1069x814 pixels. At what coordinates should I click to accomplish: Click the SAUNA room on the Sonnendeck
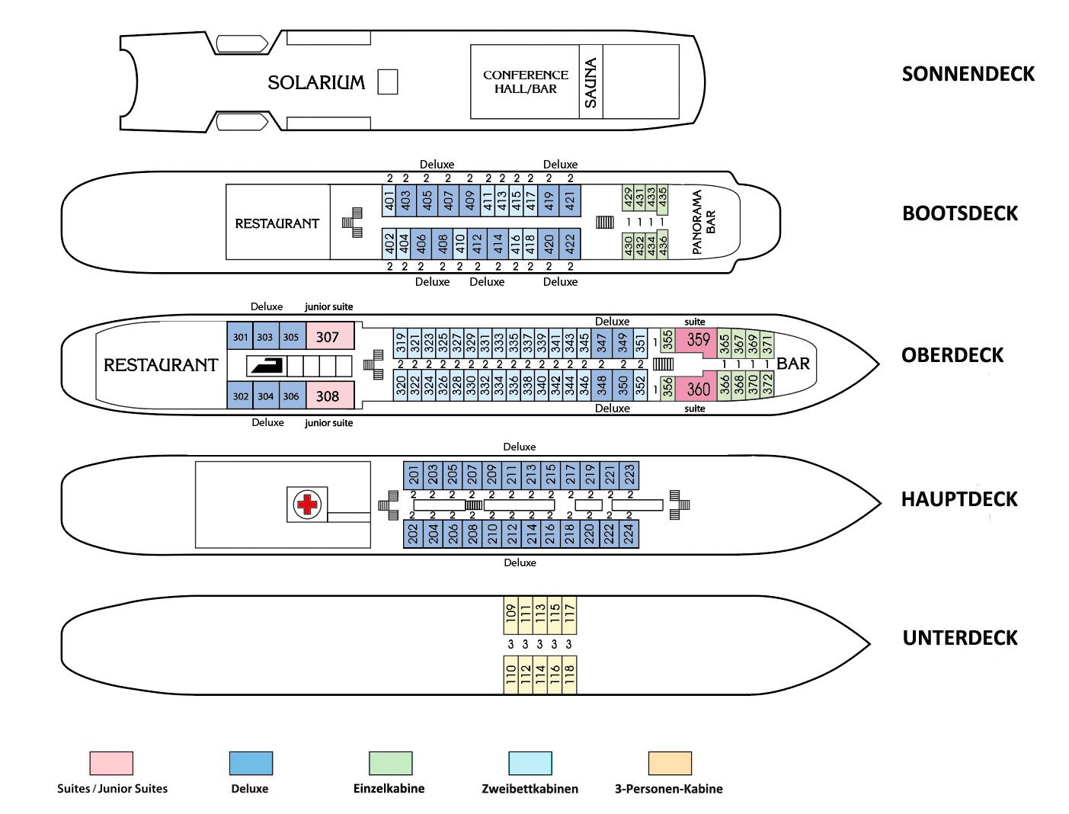591,82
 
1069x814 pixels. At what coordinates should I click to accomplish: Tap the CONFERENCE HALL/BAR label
526,82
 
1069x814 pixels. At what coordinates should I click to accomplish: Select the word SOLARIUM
316,82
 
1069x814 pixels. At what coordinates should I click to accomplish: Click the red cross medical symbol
307,505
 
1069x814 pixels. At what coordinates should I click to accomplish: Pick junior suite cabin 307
330,335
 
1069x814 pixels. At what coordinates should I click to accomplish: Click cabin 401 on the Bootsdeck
389,200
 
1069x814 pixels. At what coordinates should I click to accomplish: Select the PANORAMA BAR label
704,222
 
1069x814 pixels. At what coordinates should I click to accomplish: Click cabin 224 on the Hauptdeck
629,534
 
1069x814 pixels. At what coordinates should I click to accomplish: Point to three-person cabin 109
510,615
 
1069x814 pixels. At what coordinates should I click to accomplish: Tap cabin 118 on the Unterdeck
569,675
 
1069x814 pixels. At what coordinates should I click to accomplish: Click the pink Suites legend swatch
111,763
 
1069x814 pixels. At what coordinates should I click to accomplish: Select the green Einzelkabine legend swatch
391,763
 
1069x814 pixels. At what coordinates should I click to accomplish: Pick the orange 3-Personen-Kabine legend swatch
671,763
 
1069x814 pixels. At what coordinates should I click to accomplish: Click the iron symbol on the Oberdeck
267,366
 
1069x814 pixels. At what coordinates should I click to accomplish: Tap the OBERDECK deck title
952,355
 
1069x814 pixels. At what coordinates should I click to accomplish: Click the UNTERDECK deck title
960,638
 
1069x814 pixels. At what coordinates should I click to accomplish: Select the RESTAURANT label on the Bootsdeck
277,223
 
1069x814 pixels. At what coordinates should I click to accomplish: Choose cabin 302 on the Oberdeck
240,396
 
